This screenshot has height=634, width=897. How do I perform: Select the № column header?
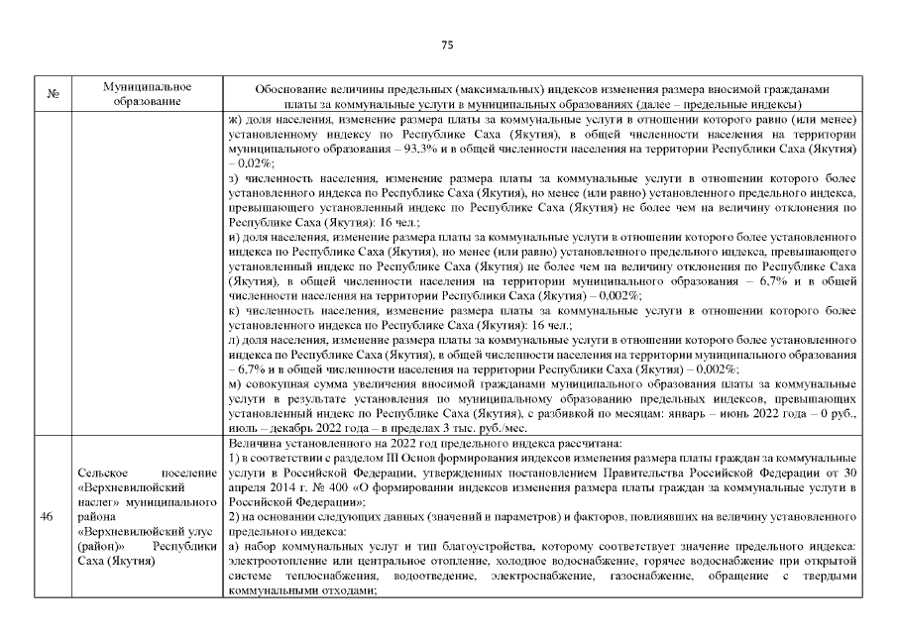53,95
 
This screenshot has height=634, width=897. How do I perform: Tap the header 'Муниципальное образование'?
146,95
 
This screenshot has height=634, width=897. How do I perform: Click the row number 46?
47,518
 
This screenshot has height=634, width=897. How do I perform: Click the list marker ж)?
236,119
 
